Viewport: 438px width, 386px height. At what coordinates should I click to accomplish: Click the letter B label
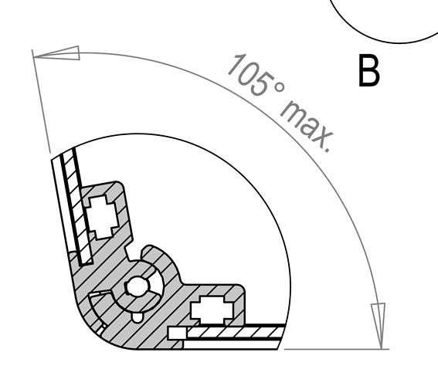tap(368, 70)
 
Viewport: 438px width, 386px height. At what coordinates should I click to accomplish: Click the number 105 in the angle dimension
tap(250, 75)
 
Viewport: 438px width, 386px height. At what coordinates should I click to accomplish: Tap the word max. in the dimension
tap(307, 127)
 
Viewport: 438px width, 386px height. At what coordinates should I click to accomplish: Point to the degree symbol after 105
tap(280, 88)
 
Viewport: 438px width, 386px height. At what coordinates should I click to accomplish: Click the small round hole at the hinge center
tap(137, 286)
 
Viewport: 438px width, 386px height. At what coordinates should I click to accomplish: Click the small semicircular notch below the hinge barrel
tap(137, 317)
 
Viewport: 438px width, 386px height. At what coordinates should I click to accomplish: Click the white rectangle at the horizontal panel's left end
tap(177, 334)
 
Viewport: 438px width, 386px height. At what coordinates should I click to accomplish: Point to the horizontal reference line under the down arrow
tap(337, 349)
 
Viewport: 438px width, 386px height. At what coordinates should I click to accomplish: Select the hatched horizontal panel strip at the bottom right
tap(235, 333)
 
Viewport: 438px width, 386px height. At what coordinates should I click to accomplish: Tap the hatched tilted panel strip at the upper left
tap(76, 207)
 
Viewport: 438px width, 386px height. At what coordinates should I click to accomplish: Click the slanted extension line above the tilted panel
tap(41, 101)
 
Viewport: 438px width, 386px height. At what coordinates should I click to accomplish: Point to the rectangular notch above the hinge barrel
tap(129, 252)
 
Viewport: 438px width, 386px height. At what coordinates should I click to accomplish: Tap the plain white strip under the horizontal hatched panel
tap(231, 344)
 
